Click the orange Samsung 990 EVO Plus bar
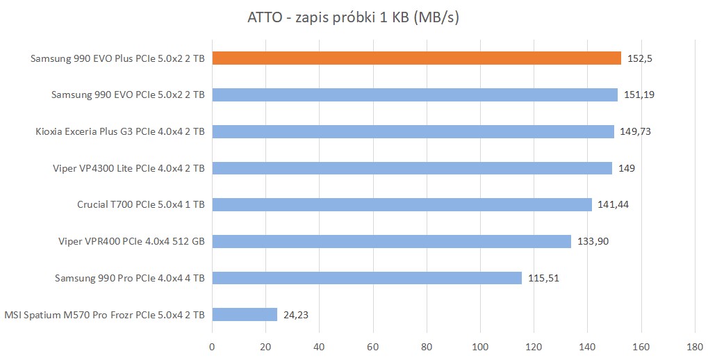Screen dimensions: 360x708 (x=416, y=58)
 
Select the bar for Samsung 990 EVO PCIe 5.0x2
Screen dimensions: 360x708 (x=415, y=95)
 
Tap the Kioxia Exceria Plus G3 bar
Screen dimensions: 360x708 (x=413, y=131)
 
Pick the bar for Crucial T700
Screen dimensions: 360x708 (x=402, y=204)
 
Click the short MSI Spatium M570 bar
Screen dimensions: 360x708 (x=245, y=315)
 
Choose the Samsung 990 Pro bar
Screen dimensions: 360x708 (x=367, y=278)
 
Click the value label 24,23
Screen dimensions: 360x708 (x=296, y=315)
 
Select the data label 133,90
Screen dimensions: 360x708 (x=592, y=241)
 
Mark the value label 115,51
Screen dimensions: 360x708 (x=543, y=278)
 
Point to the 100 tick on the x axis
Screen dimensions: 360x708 (x=481, y=345)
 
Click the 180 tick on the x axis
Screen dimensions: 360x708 (x=695, y=345)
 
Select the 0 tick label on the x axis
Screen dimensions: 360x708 (x=213, y=345)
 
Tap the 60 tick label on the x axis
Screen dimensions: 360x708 (x=373, y=345)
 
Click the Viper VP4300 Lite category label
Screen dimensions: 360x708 (x=129, y=168)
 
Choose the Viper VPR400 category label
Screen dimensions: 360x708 (x=132, y=242)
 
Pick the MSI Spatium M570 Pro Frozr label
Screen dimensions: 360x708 (x=104, y=315)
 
